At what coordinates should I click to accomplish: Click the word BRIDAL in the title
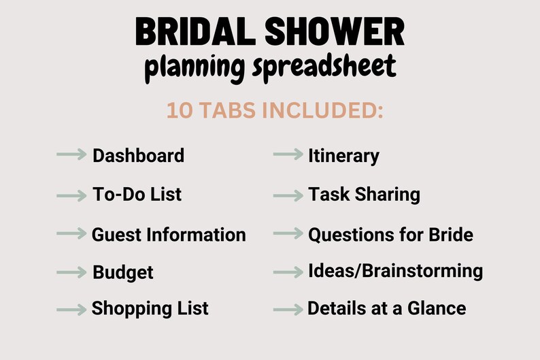[x=192, y=32]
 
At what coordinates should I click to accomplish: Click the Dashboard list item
[x=138, y=155]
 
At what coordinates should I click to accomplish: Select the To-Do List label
[x=137, y=195]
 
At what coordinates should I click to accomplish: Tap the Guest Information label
[x=169, y=235]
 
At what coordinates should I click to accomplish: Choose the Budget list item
[x=123, y=273]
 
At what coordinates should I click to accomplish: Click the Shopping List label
[x=150, y=308]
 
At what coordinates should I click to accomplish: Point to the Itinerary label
[x=343, y=155]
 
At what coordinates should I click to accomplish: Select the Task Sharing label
[x=364, y=195]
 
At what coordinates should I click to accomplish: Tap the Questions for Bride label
[x=390, y=235]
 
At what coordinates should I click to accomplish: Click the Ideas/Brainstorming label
[x=395, y=271]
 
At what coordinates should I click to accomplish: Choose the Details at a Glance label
[x=387, y=308]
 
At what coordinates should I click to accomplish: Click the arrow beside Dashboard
[x=71, y=155]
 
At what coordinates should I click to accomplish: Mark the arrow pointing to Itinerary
[x=288, y=155]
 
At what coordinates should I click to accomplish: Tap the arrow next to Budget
[x=71, y=273]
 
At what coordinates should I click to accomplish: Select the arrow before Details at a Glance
[x=288, y=309]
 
